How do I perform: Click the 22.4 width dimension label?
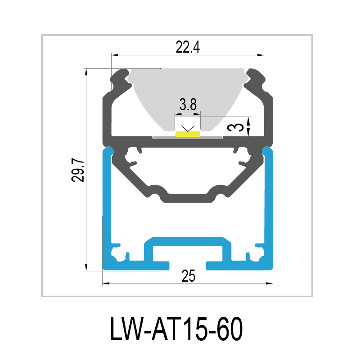point(188,47)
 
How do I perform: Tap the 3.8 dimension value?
point(188,105)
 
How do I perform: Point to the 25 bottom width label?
point(188,276)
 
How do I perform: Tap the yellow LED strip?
point(188,134)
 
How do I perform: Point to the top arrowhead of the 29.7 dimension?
point(85,72)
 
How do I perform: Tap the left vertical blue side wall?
point(107,202)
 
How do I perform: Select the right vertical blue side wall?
point(269,202)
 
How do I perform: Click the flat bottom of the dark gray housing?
point(188,198)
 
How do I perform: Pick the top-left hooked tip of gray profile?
point(121,72)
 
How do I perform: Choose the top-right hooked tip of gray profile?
point(254,72)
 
